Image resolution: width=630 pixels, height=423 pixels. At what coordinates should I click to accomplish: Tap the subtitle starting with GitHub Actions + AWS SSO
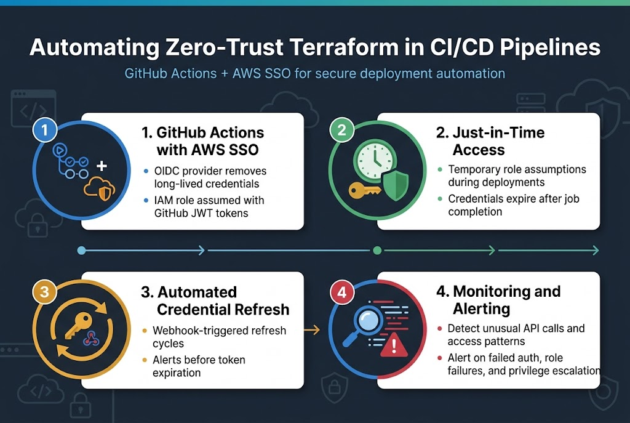click(314, 74)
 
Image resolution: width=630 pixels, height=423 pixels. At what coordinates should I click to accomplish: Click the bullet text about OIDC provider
click(209, 177)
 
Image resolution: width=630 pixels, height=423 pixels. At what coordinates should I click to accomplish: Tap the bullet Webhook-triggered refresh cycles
click(219, 337)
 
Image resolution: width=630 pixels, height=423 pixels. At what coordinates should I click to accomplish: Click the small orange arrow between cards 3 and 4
click(313, 330)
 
